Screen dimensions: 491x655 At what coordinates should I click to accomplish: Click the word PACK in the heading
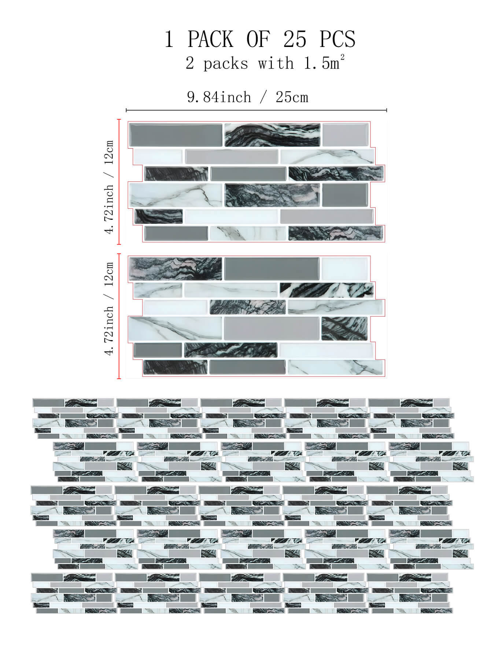point(210,39)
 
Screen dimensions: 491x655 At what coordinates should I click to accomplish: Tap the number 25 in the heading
point(295,39)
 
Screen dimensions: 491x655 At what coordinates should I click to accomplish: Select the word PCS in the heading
point(337,39)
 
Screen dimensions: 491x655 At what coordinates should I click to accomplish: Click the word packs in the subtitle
point(226,64)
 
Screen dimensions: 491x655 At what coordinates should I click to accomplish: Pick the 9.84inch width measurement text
point(219,97)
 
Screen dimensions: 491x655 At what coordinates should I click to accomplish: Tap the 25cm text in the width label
point(292,97)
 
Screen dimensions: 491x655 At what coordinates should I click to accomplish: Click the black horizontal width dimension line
point(256,110)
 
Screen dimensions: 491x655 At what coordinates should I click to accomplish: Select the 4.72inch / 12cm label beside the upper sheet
point(109,187)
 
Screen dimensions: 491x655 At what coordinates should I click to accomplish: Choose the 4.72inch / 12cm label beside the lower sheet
point(109,309)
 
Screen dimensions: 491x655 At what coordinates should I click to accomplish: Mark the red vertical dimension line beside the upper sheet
point(119,182)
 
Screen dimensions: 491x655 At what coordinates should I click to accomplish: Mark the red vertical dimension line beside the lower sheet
point(119,316)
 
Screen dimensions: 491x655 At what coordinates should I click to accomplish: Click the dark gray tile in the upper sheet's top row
point(176,135)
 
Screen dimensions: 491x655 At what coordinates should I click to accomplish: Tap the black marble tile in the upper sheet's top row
point(272,135)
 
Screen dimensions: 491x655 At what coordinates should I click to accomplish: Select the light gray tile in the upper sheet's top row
point(346,135)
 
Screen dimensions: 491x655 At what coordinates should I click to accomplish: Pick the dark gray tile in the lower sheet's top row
point(272,269)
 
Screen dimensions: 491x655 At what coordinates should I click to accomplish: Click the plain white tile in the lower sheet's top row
point(344,269)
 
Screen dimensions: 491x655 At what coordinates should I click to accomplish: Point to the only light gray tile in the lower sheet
point(272,328)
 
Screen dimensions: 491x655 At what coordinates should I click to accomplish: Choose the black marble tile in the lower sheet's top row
point(176,269)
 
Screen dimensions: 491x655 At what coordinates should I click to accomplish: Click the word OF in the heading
point(258,39)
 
